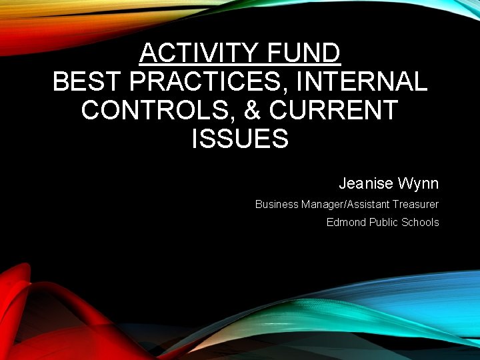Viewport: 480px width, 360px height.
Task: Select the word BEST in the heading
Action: click(x=87, y=81)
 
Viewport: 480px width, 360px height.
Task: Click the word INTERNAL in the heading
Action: click(x=363, y=81)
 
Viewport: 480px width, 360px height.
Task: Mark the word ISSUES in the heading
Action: click(x=239, y=139)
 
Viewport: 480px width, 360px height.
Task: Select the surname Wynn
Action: click(x=419, y=183)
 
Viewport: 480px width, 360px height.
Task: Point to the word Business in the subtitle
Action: click(x=277, y=204)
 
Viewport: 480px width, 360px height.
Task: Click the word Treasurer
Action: click(x=415, y=204)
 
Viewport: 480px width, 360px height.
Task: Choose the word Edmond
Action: click(x=343, y=222)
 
